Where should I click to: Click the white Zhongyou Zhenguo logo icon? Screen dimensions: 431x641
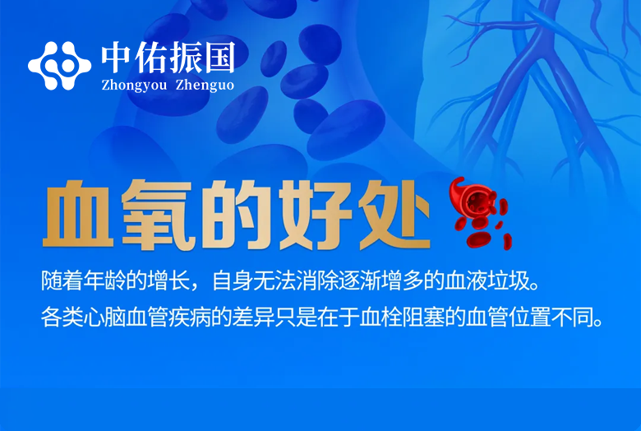click(59, 63)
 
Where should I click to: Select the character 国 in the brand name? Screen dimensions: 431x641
click(219, 57)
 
